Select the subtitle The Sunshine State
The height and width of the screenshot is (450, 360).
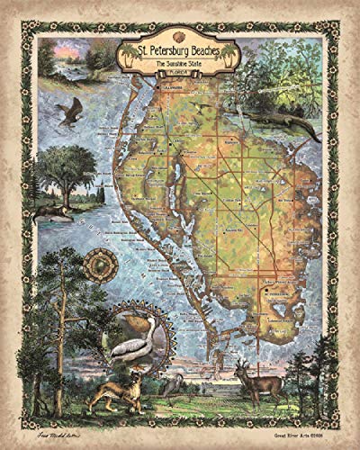[179, 65]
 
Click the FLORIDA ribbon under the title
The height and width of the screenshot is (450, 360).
[179, 76]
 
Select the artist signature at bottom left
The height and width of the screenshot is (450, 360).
[56, 430]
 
